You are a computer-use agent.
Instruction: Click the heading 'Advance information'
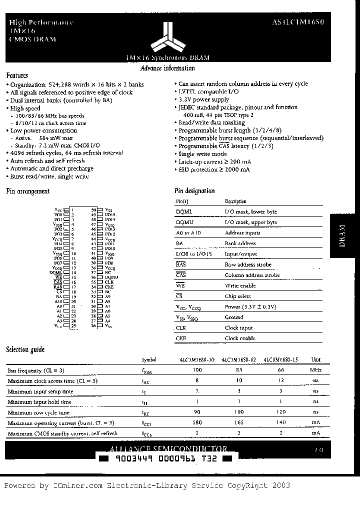click(167, 68)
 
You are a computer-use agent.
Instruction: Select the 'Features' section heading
click(16, 75)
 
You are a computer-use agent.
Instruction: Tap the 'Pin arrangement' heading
click(27, 191)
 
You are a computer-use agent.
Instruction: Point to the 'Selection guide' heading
click(25, 349)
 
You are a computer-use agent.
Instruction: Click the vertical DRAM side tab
click(342, 236)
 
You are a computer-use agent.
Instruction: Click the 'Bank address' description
click(240, 243)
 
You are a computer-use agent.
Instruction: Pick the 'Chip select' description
click(237, 296)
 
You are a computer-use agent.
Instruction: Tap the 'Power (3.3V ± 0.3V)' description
click(250, 307)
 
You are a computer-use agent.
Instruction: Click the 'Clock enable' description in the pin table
click(240, 338)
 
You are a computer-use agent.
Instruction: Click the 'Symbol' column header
click(149, 360)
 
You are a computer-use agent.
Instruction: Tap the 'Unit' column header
click(316, 360)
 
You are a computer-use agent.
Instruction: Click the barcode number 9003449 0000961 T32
click(165, 458)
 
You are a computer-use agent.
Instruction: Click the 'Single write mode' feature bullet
click(202, 154)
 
